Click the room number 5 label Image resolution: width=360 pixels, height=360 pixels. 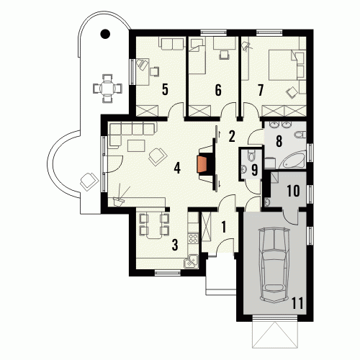click(x=165, y=90)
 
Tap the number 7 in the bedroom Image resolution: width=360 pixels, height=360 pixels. click(x=261, y=91)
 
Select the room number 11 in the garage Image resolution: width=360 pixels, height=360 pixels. click(x=297, y=303)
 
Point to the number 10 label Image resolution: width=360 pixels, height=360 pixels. click(x=294, y=191)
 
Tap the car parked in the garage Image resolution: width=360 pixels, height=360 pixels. click(x=274, y=265)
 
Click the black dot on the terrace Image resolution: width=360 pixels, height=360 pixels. click(x=105, y=34)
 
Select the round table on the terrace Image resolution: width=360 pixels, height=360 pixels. click(x=107, y=89)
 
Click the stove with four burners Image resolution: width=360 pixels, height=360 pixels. click(x=193, y=239)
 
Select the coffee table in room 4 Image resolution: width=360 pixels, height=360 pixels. click(x=136, y=146)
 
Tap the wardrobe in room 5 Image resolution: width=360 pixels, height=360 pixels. click(x=147, y=111)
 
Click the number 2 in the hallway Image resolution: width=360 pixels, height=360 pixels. click(x=231, y=137)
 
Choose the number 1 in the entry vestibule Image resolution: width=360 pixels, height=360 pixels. click(x=224, y=227)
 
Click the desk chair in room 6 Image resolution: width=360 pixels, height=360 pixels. click(x=225, y=55)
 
